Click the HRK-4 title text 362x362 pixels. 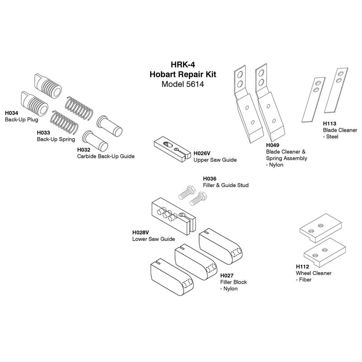pyautogui.click(x=183, y=64)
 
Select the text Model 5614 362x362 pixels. pyautogui.click(x=183, y=84)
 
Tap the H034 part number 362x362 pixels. pyautogui.click(x=12, y=113)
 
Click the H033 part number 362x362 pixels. pyautogui.click(x=43, y=133)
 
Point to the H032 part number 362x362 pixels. pyautogui.click(x=84, y=150)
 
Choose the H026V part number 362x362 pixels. pyautogui.click(x=202, y=153)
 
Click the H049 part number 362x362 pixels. pyautogui.click(x=273, y=145)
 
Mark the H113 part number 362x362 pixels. pyautogui.click(x=329, y=124)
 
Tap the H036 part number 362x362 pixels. pyautogui.click(x=210, y=178)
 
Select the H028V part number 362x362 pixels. pyautogui.click(x=141, y=232)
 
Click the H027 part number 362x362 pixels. pyautogui.click(x=227, y=276)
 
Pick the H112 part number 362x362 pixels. pyautogui.click(x=302, y=267)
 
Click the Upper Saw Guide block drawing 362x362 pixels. pyautogui.click(x=172, y=149)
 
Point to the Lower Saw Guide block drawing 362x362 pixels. pyautogui.click(x=174, y=218)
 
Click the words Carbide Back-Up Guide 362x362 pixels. pyautogui.click(x=106, y=156)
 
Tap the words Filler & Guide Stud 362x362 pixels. pyautogui.click(x=226, y=185)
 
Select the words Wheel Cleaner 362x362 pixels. pyautogui.click(x=314, y=273)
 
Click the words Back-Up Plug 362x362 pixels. pyautogui.click(x=21, y=119)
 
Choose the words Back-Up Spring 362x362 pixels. pyautogui.click(x=56, y=139)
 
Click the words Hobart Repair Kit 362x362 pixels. pyautogui.click(x=183, y=74)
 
